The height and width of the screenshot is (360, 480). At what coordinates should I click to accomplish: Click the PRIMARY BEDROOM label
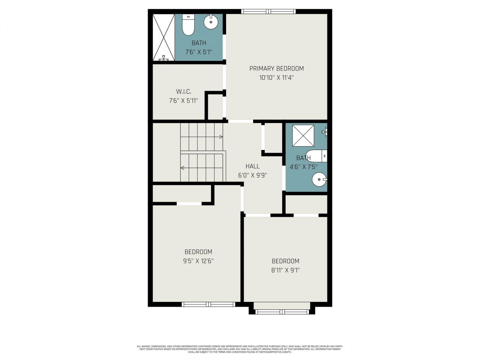276,68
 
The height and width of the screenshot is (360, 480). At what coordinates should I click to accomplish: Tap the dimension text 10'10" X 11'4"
276,78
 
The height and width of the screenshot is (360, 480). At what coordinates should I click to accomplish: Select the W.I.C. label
183,91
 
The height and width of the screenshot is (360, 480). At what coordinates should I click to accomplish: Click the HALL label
252,166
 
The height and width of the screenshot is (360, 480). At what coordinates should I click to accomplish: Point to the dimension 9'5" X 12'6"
198,261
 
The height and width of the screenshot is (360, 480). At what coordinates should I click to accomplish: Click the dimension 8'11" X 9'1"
285,270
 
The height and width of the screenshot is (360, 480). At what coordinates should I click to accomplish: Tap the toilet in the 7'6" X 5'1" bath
188,25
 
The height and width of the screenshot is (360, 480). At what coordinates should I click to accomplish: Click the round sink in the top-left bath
211,22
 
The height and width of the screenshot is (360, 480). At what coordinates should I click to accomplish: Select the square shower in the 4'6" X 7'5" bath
303,135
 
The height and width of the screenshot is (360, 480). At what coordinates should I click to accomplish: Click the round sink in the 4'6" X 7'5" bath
319,180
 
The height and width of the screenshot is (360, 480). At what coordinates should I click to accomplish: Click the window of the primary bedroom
268,11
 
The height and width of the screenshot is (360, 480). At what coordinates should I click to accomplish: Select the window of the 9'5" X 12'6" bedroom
208,304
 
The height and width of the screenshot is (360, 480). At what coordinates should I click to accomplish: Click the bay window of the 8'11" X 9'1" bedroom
282,312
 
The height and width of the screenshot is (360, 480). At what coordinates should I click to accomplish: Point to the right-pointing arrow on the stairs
221,137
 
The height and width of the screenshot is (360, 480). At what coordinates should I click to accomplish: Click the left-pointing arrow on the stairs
183,168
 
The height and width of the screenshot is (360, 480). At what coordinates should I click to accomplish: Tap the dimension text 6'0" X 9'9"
252,175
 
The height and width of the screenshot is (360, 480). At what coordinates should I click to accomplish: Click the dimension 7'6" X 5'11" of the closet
183,100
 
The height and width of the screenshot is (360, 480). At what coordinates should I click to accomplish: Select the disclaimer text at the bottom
240,349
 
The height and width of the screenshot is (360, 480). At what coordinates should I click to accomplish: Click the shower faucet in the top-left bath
164,58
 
